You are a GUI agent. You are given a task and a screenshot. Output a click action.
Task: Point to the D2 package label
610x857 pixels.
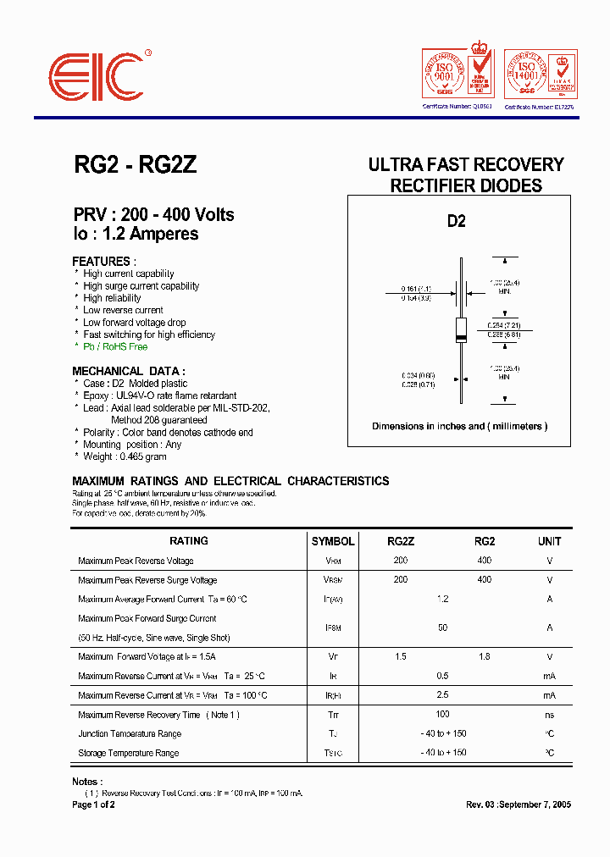click(x=456, y=221)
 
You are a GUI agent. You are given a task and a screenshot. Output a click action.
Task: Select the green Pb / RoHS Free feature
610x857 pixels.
click(x=115, y=347)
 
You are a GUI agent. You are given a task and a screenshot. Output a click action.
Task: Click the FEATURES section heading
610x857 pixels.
click(x=104, y=262)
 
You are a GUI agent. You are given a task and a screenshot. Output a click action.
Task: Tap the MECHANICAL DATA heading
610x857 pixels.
click(x=129, y=371)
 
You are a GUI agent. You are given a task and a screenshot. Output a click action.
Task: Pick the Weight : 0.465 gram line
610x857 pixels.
click(x=125, y=456)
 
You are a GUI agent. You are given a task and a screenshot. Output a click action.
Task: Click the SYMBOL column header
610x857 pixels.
click(x=333, y=541)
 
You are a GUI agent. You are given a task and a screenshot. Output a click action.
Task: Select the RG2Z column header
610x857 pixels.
click(x=401, y=541)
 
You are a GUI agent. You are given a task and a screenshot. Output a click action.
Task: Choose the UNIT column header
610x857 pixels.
click(x=549, y=541)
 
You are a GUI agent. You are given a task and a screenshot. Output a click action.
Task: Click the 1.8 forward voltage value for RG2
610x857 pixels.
click(x=484, y=656)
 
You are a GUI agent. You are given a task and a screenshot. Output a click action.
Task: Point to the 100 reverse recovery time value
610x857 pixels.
click(x=442, y=714)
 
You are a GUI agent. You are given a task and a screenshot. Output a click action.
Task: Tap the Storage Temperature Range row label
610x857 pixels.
click(x=129, y=753)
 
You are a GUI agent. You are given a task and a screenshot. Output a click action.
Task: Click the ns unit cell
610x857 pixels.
click(x=549, y=714)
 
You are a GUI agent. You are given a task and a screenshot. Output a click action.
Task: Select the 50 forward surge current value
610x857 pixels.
click(x=442, y=628)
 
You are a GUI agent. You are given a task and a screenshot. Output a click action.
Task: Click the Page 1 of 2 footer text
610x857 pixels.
click(x=93, y=804)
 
